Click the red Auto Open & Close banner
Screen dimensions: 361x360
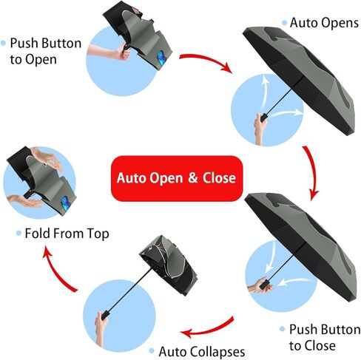point(177,178)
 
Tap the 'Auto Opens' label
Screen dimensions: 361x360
point(324,23)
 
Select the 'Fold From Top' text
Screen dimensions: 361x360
point(67,234)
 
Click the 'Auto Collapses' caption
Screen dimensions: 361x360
point(202,352)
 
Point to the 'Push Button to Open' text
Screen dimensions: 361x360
point(46,51)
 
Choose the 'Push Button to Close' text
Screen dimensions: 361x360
point(325,337)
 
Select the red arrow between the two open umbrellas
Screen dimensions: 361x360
point(312,172)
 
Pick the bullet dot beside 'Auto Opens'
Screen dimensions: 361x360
point(285,23)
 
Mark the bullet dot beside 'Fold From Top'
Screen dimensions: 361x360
point(18,233)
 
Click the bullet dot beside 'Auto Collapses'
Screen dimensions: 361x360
point(152,351)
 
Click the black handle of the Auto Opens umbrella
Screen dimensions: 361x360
point(264,117)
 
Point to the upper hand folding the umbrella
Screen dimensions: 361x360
point(47,157)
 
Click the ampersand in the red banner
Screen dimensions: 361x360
point(193,178)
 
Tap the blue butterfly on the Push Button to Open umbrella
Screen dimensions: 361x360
point(161,58)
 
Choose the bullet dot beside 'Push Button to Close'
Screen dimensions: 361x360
point(283,329)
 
